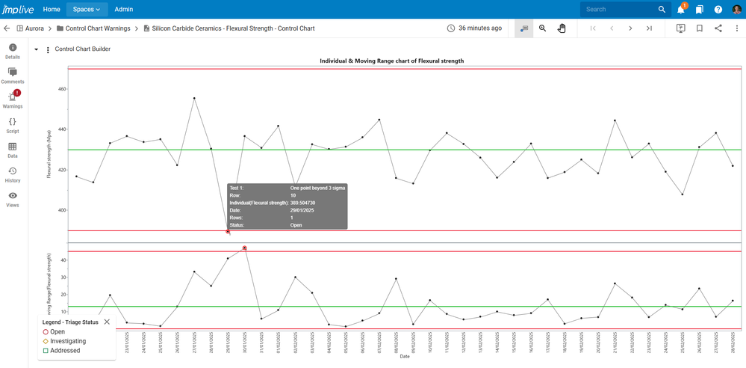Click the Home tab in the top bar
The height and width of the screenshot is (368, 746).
coord(52,9)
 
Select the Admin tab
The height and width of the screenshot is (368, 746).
coord(124,9)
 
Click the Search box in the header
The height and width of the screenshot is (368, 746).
coord(620,9)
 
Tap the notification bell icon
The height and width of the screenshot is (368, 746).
coord(681,10)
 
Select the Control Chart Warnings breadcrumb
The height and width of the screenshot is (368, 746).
coord(98,28)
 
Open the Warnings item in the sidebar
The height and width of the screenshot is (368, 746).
coord(13,98)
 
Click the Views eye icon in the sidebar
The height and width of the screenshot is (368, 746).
coord(13,197)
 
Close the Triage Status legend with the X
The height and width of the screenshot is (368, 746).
coord(107,322)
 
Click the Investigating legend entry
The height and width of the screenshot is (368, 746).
coord(68,341)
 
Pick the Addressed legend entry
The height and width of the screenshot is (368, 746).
coord(65,350)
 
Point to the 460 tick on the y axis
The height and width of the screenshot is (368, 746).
coord(62,89)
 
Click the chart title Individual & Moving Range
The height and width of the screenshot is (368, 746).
coord(392,61)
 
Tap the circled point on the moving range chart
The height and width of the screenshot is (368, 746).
coord(245,248)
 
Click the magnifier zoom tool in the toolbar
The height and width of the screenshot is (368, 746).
coord(543,28)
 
